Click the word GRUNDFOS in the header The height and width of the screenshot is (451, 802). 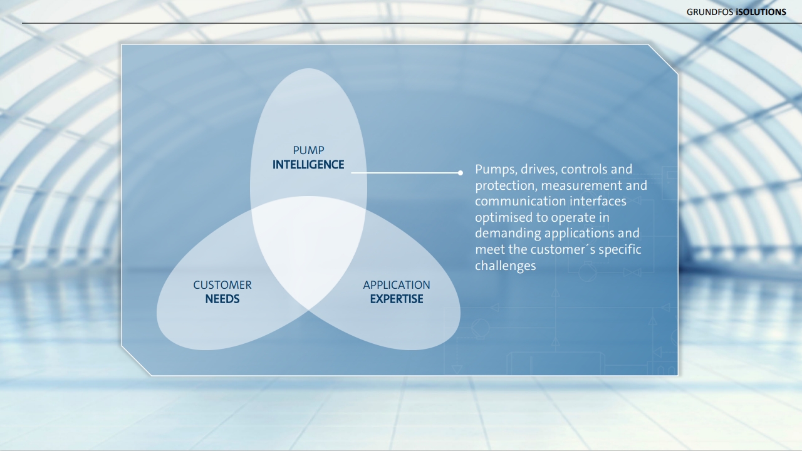point(710,12)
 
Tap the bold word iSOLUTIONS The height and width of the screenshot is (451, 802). point(761,12)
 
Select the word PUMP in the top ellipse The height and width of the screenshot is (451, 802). point(308,150)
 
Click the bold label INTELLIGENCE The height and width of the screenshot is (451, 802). point(308,165)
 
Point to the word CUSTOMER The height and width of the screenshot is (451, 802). point(222,285)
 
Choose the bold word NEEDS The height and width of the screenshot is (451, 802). point(222,299)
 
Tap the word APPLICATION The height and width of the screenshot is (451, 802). point(397,285)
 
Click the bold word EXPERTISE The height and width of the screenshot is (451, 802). point(397,299)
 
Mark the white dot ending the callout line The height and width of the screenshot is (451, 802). point(461,173)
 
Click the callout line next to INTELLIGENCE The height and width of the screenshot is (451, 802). point(405,173)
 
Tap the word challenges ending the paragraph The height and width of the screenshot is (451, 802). point(506,266)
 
